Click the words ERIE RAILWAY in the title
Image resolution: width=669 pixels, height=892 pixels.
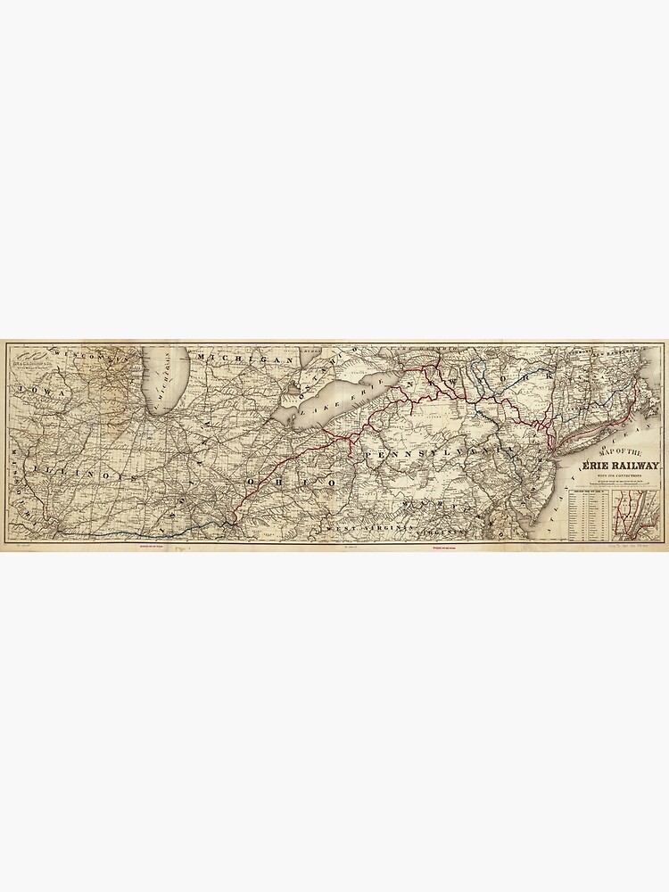(621, 465)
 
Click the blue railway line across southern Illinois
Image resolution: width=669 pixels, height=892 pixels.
(134, 533)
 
